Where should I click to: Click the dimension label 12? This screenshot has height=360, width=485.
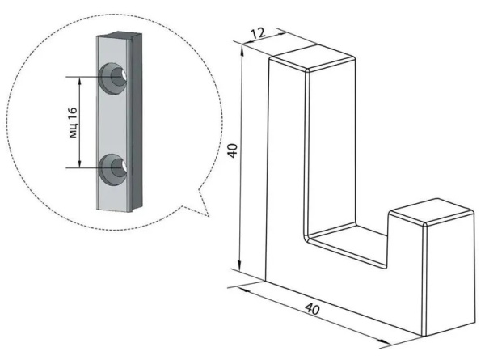click(258, 33)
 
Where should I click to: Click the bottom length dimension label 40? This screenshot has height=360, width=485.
click(312, 309)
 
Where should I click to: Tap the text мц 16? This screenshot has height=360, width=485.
click(74, 123)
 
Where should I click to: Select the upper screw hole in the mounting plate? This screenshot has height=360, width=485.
click(113, 78)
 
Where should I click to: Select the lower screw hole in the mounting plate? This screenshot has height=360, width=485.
click(113, 169)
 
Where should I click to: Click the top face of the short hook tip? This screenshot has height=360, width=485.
click(432, 211)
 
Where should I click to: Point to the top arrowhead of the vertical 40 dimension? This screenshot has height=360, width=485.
click(242, 50)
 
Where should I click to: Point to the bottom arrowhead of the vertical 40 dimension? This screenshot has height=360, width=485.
click(239, 265)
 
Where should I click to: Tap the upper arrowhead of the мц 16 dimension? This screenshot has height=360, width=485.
click(80, 82)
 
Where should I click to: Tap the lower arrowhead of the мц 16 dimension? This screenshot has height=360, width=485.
click(80, 163)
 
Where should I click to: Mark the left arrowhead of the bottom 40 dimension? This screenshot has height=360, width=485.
click(244, 289)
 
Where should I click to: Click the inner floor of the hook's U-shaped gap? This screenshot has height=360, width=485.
click(348, 244)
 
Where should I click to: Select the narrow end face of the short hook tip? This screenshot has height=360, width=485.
click(449, 278)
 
